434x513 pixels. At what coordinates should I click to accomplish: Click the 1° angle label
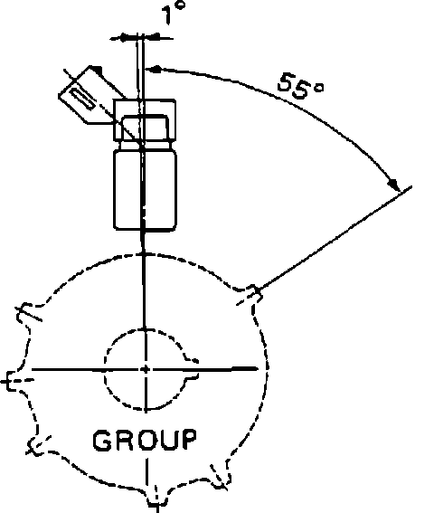(174, 13)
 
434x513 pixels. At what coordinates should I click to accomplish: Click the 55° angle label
(301, 86)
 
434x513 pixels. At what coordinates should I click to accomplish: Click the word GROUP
(145, 440)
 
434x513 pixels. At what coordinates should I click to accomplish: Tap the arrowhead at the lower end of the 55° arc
(394, 185)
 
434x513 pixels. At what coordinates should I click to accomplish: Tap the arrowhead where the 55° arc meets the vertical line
(154, 69)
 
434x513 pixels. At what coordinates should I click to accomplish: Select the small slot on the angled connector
(83, 98)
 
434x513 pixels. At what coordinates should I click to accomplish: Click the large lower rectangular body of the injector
(146, 190)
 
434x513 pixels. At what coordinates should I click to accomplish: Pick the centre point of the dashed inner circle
(146, 369)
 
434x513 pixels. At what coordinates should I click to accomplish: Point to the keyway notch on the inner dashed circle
(192, 369)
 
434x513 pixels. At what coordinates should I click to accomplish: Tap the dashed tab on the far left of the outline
(13, 381)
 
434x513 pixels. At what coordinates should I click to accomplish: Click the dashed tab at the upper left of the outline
(27, 312)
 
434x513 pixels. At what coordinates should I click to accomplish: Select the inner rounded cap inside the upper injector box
(145, 128)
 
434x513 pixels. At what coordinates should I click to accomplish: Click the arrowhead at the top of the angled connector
(97, 70)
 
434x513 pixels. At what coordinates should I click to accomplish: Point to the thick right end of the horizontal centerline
(245, 369)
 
